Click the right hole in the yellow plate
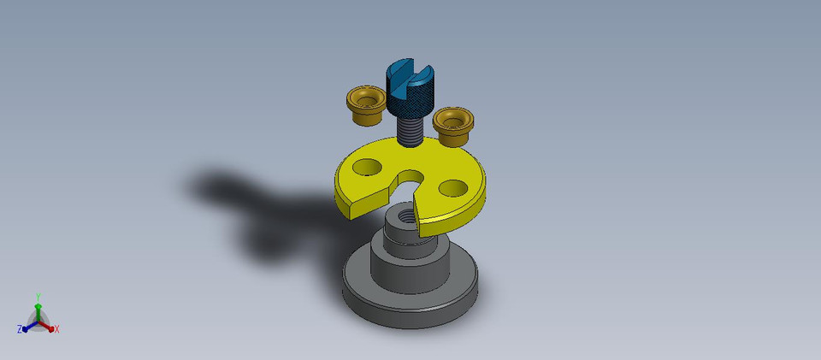point(452,186)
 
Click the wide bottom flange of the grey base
point(410,304)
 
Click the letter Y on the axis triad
point(38,297)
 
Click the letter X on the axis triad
point(56,329)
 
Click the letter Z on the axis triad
point(20,329)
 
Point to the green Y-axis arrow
point(38,309)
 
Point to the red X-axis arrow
point(49,326)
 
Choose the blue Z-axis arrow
point(28,327)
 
